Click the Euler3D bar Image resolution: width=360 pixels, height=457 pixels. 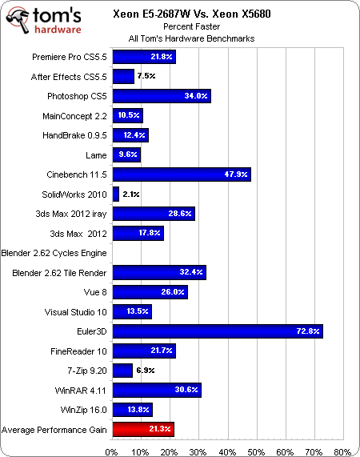click(x=218, y=331)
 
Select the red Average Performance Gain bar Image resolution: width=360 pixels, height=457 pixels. click(x=143, y=429)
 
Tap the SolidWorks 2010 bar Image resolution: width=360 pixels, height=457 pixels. click(x=116, y=194)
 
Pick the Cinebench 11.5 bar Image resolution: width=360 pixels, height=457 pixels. click(x=182, y=174)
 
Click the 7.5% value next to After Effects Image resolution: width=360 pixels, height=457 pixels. click(x=146, y=76)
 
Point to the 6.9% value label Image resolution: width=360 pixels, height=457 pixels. click(x=146, y=370)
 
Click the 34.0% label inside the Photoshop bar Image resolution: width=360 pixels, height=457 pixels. click(x=196, y=95)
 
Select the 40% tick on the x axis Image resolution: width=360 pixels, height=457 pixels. click(x=227, y=452)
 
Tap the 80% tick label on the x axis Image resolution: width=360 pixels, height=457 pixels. click(x=342, y=452)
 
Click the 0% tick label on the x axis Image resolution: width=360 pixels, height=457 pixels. click(x=111, y=452)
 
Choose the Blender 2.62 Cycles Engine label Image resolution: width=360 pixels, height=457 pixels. click(x=54, y=253)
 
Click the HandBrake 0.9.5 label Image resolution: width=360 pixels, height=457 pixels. click(x=74, y=135)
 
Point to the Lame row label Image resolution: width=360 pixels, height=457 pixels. click(x=96, y=155)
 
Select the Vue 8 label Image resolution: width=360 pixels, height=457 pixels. click(x=95, y=292)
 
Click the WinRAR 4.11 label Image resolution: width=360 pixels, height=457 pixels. click(x=80, y=391)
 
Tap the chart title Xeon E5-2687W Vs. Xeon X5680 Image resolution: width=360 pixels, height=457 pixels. click(x=192, y=14)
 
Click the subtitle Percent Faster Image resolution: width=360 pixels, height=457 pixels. click(x=192, y=26)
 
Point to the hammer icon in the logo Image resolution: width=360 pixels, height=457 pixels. click(x=18, y=20)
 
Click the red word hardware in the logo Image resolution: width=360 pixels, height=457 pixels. click(x=58, y=29)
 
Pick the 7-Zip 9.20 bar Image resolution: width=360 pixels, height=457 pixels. click(x=122, y=370)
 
